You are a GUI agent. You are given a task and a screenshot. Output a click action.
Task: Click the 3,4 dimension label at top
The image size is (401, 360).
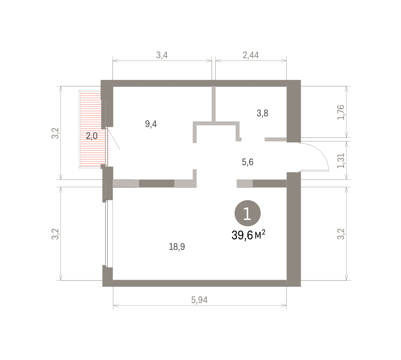point(162,55)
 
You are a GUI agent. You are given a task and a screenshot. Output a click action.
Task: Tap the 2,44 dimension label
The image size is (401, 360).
point(251,55)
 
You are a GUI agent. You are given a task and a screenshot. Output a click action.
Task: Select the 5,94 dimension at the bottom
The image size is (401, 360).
point(199,300)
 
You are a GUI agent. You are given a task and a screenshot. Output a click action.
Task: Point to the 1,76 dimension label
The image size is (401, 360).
point(341,112)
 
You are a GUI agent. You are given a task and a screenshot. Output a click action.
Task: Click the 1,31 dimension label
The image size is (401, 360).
point(341,161)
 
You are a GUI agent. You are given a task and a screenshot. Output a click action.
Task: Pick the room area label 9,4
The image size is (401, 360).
point(151,124)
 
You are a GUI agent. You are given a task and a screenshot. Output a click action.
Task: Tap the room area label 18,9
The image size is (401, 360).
point(177,247)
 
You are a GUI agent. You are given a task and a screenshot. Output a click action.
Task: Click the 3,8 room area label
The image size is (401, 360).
point(262,113)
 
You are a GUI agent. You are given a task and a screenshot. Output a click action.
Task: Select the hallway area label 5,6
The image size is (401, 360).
point(247,162)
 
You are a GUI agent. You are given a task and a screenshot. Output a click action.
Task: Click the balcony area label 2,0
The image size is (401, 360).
point(92,136)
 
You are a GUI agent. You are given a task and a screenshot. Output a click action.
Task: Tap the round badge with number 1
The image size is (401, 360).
point(247,213)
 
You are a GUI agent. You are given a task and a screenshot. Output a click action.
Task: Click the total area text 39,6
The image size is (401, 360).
point(242,235)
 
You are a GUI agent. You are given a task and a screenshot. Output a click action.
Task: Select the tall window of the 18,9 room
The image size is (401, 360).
point(106,234)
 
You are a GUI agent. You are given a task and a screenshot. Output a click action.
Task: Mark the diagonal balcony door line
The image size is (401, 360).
point(114,138)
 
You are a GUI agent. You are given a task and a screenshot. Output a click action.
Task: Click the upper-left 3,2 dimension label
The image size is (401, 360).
point(55,133)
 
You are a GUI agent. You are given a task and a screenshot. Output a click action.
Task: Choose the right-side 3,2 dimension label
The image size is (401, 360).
point(341,234)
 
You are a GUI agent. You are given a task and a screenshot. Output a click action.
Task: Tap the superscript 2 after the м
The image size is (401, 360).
point(263,232)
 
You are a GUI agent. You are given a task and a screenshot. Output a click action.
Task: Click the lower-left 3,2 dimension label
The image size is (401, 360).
point(55,234)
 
